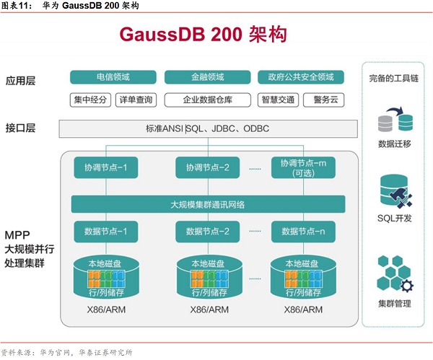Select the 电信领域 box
tap(113, 77)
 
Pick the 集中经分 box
tap(91, 100)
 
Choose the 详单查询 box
tap(136, 100)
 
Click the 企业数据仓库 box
tap(207, 100)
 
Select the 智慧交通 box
tap(276, 100)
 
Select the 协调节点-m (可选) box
tap(303, 168)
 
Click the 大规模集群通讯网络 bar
tap(207, 204)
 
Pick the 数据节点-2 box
tap(207, 232)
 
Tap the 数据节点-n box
tap(303, 232)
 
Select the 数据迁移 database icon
tap(395, 120)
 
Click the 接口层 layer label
tap(21, 128)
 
